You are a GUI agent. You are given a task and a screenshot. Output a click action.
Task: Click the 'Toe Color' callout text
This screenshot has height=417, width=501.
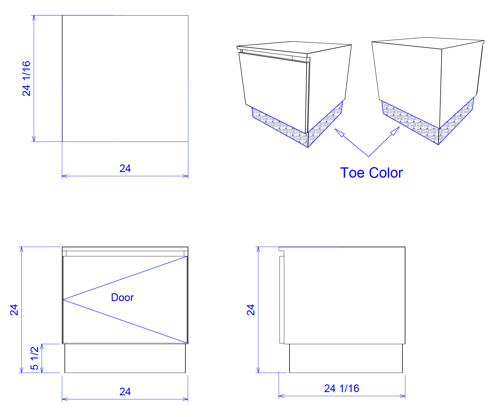[x=371, y=173]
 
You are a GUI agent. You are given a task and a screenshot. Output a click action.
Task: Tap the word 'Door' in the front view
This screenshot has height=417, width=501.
[x=122, y=297]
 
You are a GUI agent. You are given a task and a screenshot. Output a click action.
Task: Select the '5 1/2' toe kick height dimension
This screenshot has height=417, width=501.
[x=35, y=358]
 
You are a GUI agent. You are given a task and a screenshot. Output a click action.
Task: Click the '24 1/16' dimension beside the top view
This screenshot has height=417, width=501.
[x=26, y=78]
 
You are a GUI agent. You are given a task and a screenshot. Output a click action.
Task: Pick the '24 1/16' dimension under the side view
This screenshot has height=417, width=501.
[x=342, y=388]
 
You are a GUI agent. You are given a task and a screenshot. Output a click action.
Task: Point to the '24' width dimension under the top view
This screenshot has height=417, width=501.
[x=125, y=168]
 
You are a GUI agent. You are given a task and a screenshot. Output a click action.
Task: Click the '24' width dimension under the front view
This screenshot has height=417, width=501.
[x=125, y=391]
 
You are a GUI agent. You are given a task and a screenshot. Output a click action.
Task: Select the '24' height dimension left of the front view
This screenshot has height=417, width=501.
[x=14, y=310]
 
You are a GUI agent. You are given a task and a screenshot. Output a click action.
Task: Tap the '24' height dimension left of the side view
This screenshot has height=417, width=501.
[x=250, y=310]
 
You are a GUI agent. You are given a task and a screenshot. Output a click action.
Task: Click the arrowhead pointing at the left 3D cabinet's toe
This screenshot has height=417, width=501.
[x=339, y=132]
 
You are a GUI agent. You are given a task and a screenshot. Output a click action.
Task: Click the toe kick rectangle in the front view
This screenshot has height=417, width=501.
[x=125, y=358]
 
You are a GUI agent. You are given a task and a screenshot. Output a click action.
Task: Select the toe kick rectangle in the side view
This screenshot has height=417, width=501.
[x=346, y=358]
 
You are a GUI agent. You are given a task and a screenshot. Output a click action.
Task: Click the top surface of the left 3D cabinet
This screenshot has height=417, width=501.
[x=294, y=47]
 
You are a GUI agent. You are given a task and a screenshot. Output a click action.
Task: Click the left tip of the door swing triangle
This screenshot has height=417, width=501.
[x=63, y=300]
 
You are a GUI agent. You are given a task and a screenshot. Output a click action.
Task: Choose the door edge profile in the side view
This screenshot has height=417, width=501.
[x=282, y=300]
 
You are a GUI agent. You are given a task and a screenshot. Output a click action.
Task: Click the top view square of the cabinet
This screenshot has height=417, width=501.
[x=125, y=78]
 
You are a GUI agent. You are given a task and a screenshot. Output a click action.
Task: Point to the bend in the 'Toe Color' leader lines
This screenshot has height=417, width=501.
[x=369, y=157]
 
